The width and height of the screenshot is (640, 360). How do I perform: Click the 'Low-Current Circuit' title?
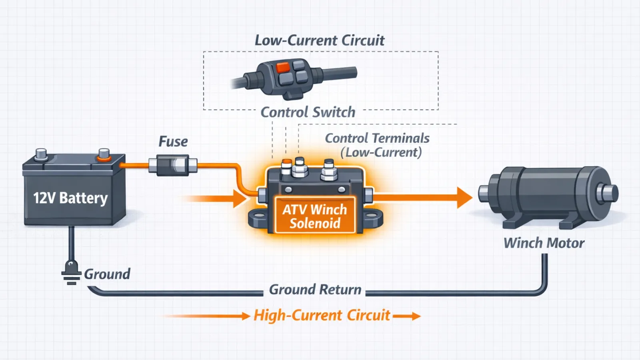[x=320, y=40]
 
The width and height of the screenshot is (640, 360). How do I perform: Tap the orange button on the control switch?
[x=283, y=67]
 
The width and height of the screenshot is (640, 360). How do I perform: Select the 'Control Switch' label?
[x=308, y=112]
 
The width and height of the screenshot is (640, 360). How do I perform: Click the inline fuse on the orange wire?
[x=173, y=166]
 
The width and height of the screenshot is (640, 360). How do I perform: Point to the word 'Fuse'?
[x=173, y=142]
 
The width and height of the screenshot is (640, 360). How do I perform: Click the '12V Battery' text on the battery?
[x=70, y=198]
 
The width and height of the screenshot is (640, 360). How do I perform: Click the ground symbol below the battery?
[x=71, y=274]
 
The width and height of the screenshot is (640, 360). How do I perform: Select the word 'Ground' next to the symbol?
[x=107, y=274]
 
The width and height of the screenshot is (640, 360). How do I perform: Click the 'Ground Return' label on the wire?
[x=315, y=290]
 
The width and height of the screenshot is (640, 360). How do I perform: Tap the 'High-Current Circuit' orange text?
[x=322, y=315]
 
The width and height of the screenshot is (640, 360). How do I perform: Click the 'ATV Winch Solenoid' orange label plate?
[x=315, y=216]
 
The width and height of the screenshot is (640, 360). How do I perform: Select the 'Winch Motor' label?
[x=544, y=243]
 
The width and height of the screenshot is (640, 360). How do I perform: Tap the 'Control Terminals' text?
[x=377, y=138]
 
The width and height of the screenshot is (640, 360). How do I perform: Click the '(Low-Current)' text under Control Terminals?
[x=381, y=152]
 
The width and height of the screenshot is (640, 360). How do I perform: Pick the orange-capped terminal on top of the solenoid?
[x=287, y=164]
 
